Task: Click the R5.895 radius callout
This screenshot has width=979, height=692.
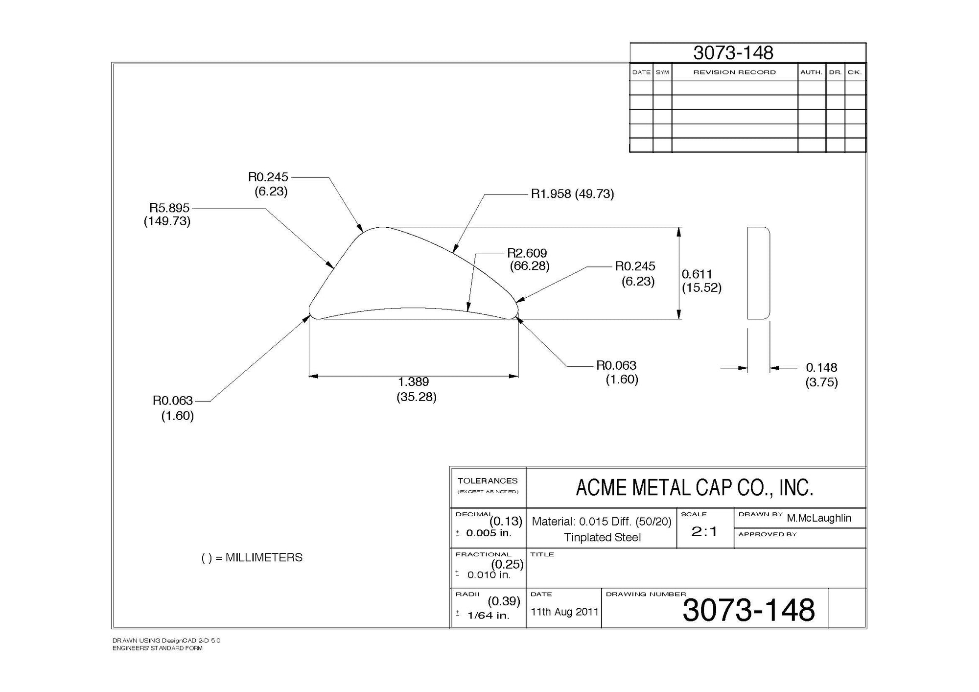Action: (167, 215)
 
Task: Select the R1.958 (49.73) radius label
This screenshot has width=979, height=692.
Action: (572, 194)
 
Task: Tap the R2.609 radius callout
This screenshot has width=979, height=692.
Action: (528, 260)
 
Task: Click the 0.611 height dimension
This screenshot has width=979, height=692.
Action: (701, 281)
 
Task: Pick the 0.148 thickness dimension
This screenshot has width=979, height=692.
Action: (821, 375)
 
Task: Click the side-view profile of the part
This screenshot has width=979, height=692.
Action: (759, 273)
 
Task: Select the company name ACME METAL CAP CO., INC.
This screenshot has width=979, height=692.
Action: (695, 488)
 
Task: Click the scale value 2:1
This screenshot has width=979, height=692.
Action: (704, 531)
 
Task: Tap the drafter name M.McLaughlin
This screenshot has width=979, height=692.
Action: (819, 518)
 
